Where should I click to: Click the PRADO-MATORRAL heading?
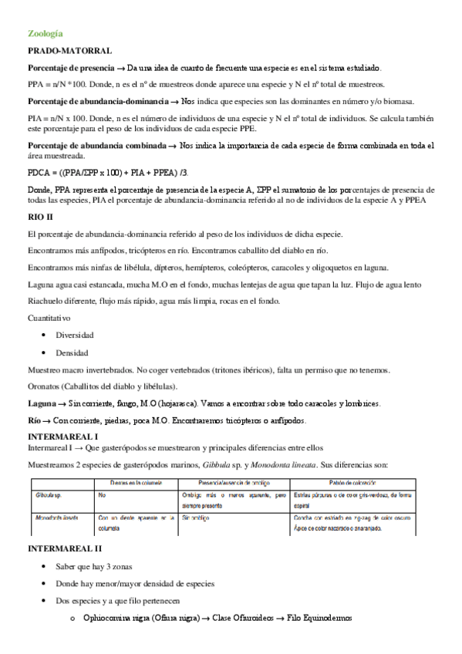(69, 50)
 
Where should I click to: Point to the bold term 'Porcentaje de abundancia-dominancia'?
(97, 101)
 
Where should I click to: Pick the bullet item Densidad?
(72, 352)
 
